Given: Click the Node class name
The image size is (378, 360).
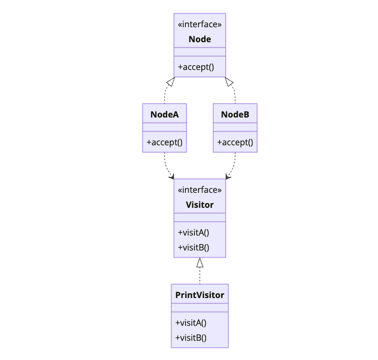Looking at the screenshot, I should tap(200, 39).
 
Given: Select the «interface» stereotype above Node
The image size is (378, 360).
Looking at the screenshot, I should tap(200, 25).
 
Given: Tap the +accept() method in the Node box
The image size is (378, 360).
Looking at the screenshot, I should tap(195, 67).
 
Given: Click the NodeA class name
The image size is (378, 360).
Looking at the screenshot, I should tap(164, 114).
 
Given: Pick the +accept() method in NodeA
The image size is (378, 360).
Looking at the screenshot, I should tap(164, 142).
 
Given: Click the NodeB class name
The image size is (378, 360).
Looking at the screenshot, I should tap(235, 114).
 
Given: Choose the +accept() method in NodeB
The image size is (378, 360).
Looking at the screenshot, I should tap(235, 142).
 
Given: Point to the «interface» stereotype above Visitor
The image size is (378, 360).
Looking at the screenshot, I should tap(200, 190).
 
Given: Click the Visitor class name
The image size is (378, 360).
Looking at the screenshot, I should tap(200, 205).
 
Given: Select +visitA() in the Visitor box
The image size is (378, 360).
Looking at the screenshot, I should tap(193, 232).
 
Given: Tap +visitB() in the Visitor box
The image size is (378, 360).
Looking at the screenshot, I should tap(193, 247).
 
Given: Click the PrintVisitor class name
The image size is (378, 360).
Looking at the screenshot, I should tap(200, 295).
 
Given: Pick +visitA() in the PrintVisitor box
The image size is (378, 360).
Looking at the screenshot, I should tap(191, 323).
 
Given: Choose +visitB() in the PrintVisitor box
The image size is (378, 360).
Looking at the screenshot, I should tap(191, 338).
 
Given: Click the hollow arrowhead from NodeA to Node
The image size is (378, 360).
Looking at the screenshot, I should tap(170, 82).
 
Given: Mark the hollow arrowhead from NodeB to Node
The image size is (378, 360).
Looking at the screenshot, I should tap(229, 82).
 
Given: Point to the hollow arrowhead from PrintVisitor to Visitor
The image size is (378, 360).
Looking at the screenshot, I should tap(200, 262).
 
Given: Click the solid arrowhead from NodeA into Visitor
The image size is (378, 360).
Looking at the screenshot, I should tap(171, 176).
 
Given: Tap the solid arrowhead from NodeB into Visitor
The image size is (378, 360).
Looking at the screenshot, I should tap(228, 176).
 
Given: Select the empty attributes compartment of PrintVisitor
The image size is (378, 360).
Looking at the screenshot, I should tap(200, 308).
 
